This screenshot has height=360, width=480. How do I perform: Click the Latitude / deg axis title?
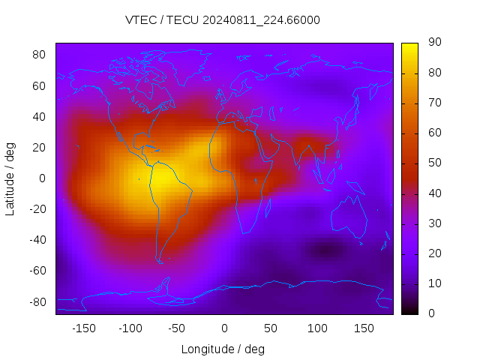[x=10, y=178]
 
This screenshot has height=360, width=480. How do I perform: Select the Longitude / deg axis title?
[x=223, y=349]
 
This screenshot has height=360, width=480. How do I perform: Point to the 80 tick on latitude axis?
[x=39, y=55]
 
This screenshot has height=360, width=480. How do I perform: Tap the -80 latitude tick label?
[x=37, y=301]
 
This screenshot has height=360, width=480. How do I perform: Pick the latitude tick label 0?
[x=43, y=178]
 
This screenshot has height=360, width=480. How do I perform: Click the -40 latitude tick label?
[x=37, y=240]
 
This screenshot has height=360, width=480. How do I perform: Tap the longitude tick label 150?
[x=364, y=328]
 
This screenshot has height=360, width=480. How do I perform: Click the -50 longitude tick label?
[x=177, y=328]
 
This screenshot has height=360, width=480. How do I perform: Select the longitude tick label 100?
[x=317, y=328]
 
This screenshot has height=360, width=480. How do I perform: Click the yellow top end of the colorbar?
[x=409, y=46]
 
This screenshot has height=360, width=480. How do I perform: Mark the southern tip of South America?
[x=160, y=262]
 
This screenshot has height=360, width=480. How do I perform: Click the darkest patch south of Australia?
[x=324, y=250]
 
